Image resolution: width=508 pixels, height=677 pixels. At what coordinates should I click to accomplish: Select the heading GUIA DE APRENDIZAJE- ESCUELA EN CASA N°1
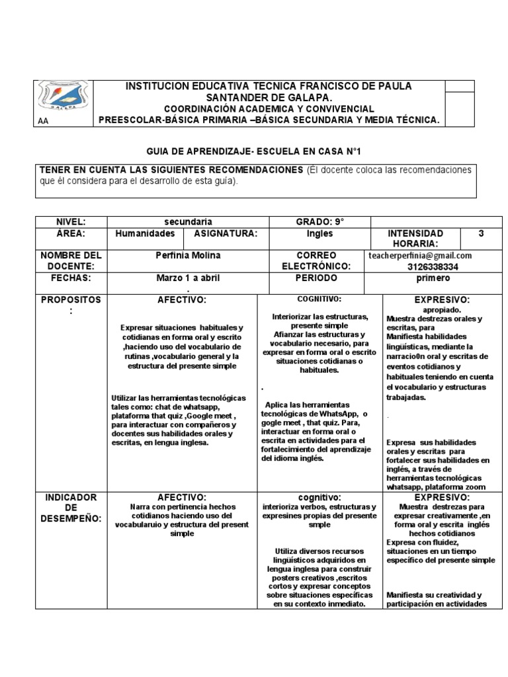pos(253,151)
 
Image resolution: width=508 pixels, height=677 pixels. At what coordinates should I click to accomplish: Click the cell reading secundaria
pos(188,222)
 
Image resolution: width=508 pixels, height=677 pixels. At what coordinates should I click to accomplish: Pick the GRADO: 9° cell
pos(319,222)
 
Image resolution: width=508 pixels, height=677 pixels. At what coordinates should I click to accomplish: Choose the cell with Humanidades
pos(145,234)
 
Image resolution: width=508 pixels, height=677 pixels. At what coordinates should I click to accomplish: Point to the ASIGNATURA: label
pos(221,234)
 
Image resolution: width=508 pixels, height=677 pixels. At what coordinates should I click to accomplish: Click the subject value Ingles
pos(319,234)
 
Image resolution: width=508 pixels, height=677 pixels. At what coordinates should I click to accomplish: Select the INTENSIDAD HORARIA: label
pos(415,239)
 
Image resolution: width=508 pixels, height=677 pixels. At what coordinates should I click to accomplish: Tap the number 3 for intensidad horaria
pos(481,234)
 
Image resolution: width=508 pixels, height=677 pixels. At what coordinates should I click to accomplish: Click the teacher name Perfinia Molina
pos(188,255)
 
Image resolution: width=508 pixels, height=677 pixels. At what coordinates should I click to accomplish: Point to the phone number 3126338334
pos(433,266)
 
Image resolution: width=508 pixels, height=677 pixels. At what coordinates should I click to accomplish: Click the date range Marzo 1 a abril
pos(188,278)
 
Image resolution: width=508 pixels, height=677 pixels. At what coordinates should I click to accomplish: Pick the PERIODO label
pos(319,278)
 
